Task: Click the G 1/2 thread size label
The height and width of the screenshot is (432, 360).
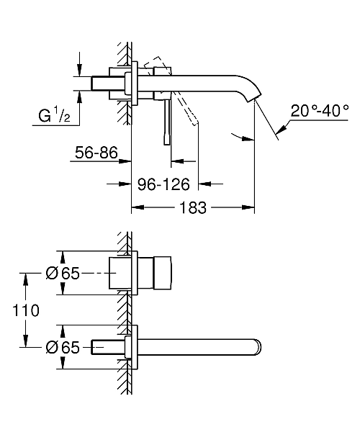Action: point(54,115)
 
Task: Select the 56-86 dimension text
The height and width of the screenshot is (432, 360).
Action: point(96,153)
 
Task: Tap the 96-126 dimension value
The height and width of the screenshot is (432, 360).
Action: point(163,184)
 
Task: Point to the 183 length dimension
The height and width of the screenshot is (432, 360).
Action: point(192,207)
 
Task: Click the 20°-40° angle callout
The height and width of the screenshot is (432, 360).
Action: point(320,111)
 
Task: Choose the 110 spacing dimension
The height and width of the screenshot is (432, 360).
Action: point(26,310)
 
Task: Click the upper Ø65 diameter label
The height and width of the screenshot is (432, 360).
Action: point(63,274)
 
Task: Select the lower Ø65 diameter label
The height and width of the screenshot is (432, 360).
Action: point(63,347)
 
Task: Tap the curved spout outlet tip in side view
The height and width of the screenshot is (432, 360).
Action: point(253,97)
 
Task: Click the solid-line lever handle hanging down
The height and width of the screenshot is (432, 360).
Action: point(167,122)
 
